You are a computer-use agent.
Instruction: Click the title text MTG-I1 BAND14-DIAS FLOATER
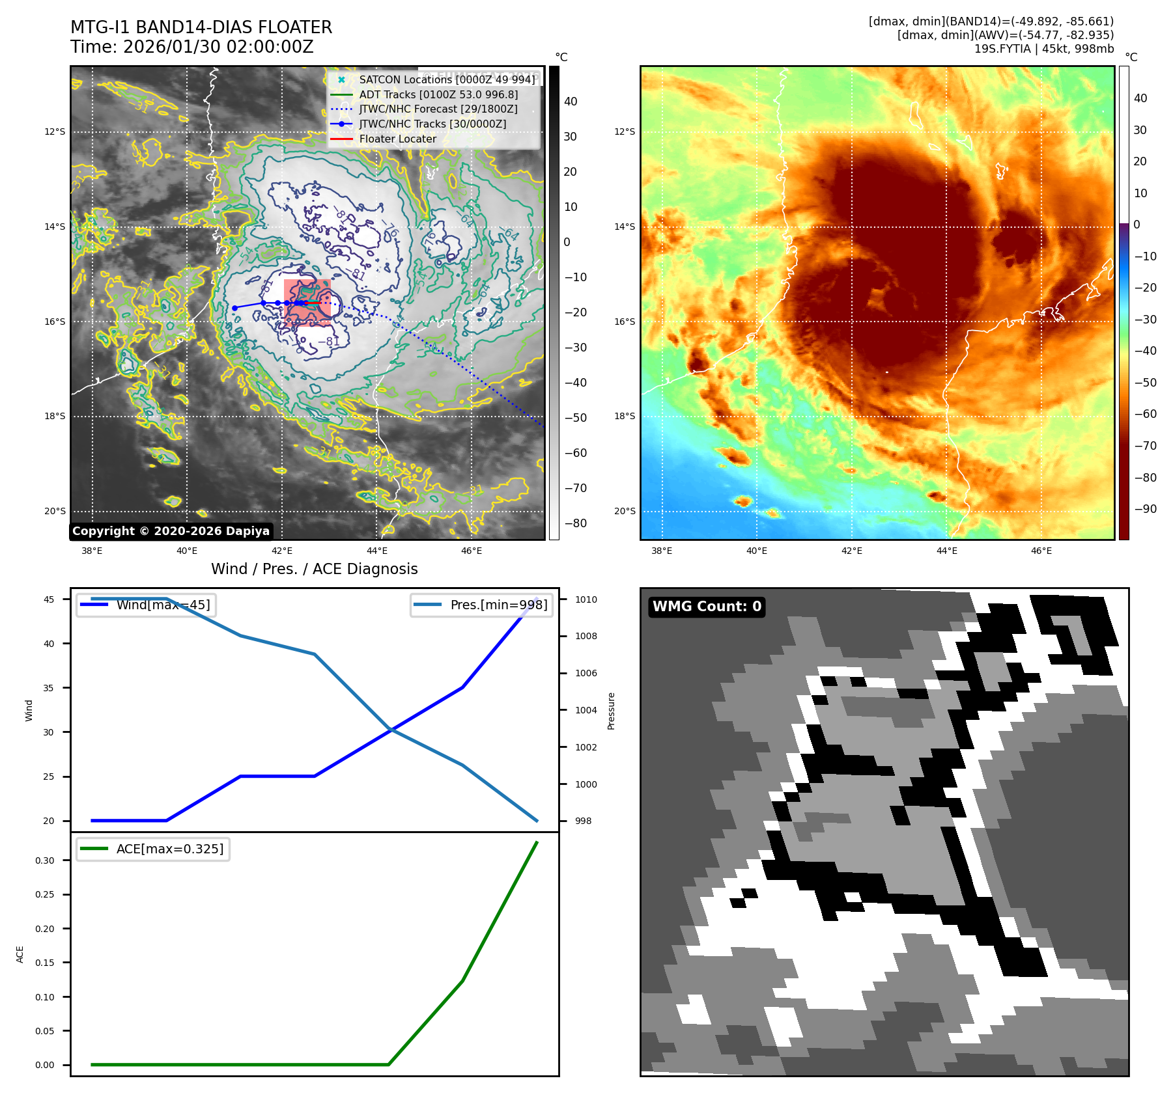click(201, 27)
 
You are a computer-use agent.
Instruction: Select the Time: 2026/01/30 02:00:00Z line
click(192, 47)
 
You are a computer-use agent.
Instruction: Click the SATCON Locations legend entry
click(447, 79)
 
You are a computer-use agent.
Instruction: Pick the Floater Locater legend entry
click(397, 139)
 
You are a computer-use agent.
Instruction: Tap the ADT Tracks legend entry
click(438, 94)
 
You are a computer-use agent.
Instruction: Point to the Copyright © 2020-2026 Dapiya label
click(171, 531)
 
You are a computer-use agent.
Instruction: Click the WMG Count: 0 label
click(707, 607)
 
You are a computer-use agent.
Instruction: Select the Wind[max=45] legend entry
click(163, 605)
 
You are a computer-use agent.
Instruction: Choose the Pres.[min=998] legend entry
click(499, 605)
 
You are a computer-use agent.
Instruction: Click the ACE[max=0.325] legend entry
click(169, 849)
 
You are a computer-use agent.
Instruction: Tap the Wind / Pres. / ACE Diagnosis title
click(314, 569)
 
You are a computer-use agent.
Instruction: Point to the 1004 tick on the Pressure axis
click(586, 710)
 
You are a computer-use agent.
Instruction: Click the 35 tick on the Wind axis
click(49, 688)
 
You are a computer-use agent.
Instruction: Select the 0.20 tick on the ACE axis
click(45, 929)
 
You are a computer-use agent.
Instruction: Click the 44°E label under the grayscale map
click(376, 551)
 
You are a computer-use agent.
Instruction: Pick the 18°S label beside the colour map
click(624, 416)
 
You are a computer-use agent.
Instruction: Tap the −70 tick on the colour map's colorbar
click(1145, 446)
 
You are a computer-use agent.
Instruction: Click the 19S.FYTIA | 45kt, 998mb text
click(1043, 49)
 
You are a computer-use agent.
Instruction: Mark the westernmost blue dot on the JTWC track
click(234, 308)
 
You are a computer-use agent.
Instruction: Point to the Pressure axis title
click(611, 711)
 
